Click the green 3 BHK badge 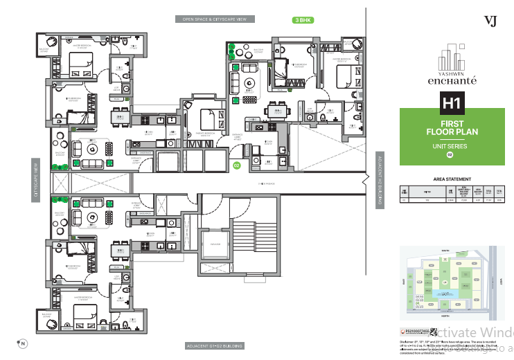click(x=303, y=20)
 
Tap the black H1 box click(x=452, y=105)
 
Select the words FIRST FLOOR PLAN click(x=452, y=127)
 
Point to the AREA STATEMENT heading click(x=452, y=178)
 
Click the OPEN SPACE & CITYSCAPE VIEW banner click(x=214, y=20)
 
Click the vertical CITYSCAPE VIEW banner click(x=35, y=180)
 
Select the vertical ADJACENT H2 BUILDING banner click(x=380, y=180)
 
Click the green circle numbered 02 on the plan click(x=236, y=165)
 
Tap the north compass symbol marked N click(x=21, y=343)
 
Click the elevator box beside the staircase click(x=215, y=246)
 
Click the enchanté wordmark click(x=452, y=81)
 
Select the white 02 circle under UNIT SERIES click(x=452, y=155)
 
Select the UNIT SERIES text click(x=452, y=146)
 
